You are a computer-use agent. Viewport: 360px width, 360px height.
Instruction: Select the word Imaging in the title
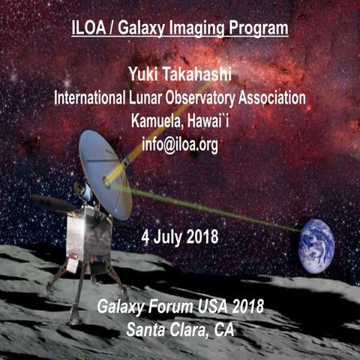click(x=205, y=29)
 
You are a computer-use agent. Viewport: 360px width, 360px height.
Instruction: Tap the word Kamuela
click(x=157, y=121)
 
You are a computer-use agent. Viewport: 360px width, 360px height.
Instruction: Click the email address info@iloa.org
click(x=180, y=145)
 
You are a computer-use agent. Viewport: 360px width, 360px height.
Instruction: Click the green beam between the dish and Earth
click(x=210, y=210)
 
